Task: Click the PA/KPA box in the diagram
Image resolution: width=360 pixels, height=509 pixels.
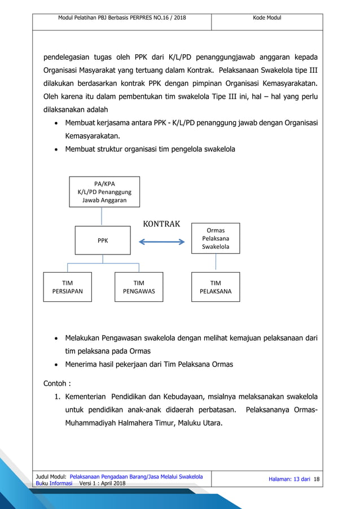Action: click(x=104, y=192)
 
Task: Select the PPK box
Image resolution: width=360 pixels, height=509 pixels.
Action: click(x=103, y=240)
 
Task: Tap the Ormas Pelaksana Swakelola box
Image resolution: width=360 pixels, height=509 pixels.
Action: click(x=216, y=238)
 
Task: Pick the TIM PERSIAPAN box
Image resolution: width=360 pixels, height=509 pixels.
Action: click(x=67, y=287)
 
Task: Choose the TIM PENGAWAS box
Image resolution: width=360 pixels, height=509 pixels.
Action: click(x=139, y=287)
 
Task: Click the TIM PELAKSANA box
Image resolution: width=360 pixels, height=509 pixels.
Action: click(x=216, y=287)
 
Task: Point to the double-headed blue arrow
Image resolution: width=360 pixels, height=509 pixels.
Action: click(x=162, y=242)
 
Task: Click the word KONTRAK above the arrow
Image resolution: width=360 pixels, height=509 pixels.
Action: click(x=161, y=224)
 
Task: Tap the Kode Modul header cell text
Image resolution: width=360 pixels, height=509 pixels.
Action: click(x=267, y=18)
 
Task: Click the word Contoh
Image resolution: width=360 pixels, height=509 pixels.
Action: click(x=56, y=383)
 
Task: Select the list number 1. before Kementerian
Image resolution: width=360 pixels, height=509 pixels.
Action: click(x=58, y=397)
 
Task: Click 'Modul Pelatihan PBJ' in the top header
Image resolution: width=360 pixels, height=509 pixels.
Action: click(x=90, y=18)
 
